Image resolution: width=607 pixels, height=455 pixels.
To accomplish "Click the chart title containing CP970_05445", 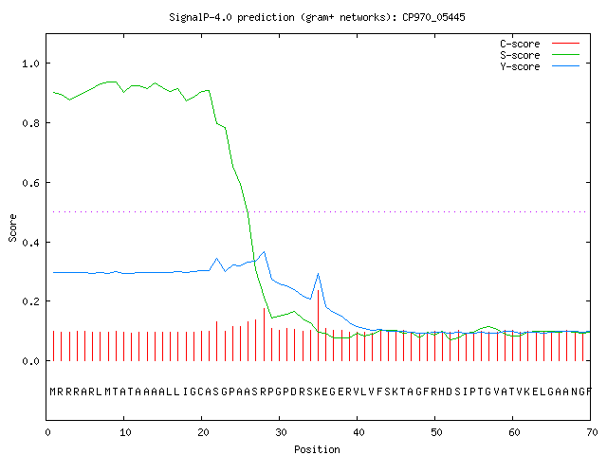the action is coord(317,17).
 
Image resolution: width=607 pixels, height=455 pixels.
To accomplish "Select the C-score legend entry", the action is coord(540,44).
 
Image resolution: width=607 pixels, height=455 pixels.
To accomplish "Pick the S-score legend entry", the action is coord(540,55).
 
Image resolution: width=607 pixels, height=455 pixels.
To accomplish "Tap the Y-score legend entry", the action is coord(540,66).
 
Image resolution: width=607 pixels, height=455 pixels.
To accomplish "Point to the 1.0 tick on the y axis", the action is coord(31,64).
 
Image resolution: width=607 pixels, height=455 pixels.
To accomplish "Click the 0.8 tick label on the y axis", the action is coord(31,123).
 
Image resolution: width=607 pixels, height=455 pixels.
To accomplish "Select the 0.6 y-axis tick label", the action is coord(31,183).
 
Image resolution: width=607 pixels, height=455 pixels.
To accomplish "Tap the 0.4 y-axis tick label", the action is coord(31,243).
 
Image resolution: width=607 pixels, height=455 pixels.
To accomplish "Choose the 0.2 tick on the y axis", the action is coord(31,301).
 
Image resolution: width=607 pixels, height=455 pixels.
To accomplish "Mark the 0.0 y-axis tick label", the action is coord(31,361).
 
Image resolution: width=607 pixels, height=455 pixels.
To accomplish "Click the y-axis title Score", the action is coord(12,227).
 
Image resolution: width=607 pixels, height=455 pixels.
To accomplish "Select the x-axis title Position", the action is coord(317,449).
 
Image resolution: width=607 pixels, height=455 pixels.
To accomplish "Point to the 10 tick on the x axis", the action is coord(125,432).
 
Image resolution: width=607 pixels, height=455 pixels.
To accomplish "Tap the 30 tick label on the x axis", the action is coord(281,432).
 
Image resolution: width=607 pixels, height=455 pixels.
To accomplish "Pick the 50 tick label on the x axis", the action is coord(436,432).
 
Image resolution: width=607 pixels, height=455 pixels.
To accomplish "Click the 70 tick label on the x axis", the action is coord(592,432).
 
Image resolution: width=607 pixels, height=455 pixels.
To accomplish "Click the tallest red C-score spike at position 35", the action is coord(319,325).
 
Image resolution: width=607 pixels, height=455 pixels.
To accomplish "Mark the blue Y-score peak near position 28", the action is coord(265,252).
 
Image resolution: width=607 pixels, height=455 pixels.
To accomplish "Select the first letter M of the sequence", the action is coord(53,391).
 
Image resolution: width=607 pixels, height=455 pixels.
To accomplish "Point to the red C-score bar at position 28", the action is coord(264,335).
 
